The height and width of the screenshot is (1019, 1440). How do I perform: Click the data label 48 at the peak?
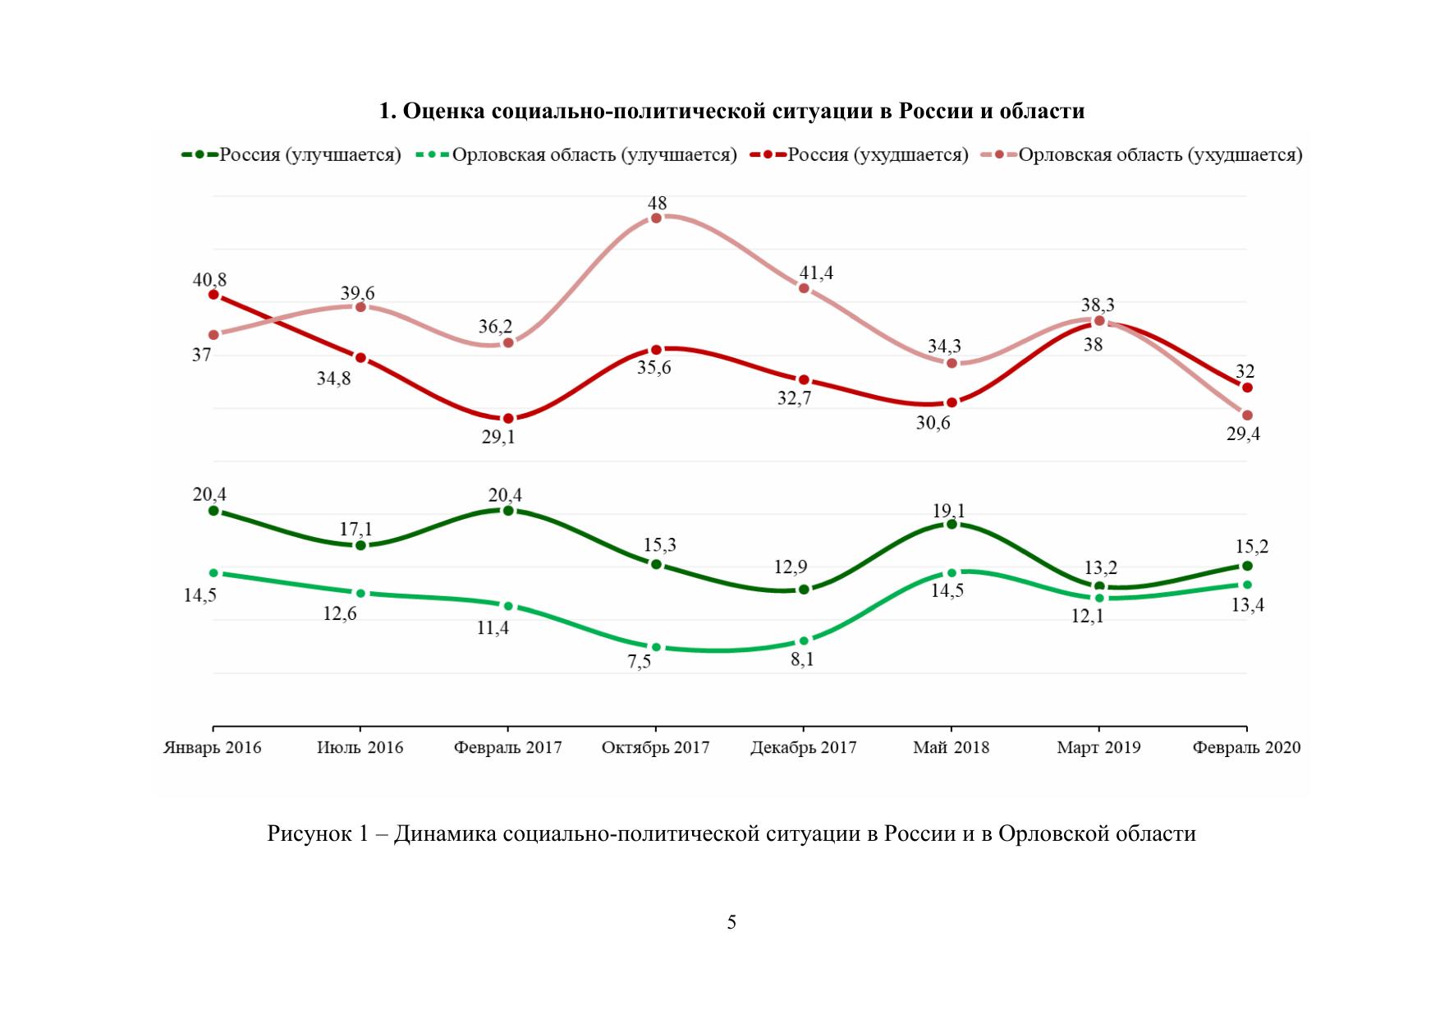tap(657, 203)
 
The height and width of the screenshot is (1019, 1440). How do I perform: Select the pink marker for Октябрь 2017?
tap(656, 218)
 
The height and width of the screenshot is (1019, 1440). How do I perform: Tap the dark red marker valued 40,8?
tap(213, 295)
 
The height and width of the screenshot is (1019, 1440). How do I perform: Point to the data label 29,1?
tap(498, 437)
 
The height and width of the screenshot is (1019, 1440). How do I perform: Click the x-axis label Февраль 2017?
tap(507, 747)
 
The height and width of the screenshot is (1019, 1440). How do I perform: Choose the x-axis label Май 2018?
tap(951, 747)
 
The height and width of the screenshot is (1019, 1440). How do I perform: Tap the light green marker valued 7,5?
tap(656, 647)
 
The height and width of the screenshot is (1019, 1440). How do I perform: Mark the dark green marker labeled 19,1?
tap(952, 524)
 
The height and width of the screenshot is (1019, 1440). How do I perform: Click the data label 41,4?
tap(816, 273)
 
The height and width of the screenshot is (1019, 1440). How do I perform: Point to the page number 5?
tap(731, 922)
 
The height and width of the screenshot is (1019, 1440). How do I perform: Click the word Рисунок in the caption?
tap(308, 834)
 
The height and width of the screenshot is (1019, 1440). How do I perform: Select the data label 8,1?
tap(802, 659)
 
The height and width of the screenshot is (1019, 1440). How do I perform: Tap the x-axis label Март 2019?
tap(1098, 747)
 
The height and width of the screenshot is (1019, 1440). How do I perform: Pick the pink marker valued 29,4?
tap(1247, 415)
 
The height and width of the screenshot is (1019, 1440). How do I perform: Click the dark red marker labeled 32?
tap(1247, 388)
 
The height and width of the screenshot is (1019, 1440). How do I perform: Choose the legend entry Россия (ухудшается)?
tap(878, 154)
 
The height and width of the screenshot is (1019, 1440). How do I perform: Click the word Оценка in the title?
tap(444, 111)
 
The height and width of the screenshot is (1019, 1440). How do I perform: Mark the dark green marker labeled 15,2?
tap(1247, 566)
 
